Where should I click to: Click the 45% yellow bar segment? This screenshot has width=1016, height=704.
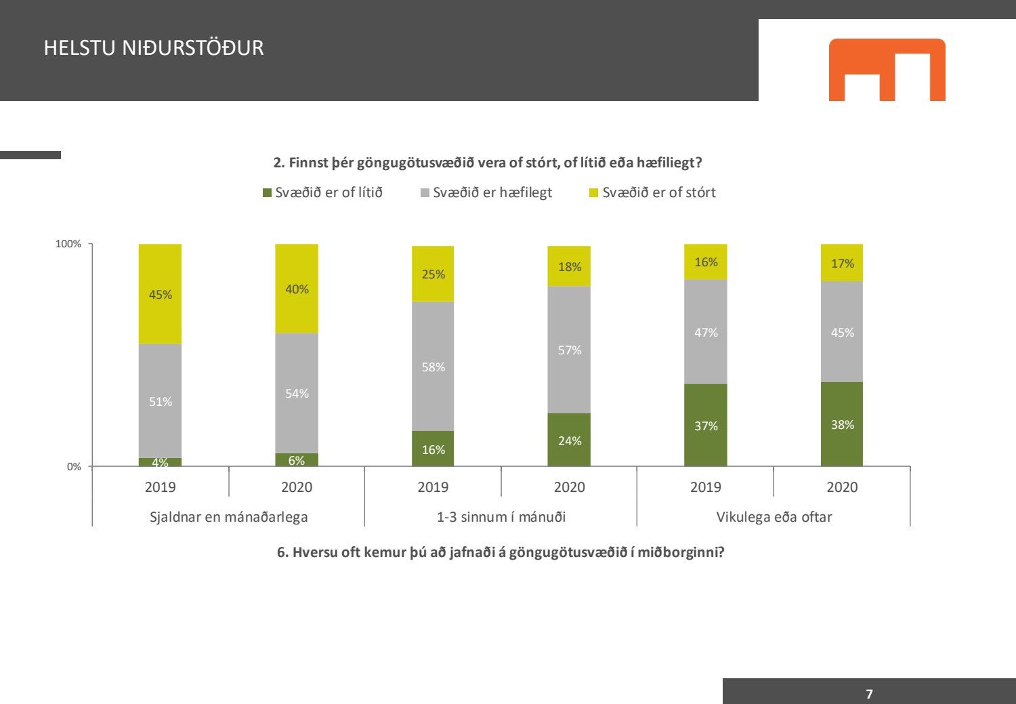(160, 294)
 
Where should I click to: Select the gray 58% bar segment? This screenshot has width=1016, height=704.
(433, 367)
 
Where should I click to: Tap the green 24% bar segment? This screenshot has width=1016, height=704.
(569, 440)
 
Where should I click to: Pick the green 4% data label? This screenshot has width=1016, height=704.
(160, 463)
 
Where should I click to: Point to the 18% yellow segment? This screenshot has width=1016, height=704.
(569, 266)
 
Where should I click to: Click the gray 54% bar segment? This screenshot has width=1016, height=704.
(297, 393)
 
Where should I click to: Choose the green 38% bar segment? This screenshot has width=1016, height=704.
(842, 424)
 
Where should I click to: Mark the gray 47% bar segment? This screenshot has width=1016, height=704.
(705, 332)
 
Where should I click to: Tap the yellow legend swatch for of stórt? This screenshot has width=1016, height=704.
(594, 193)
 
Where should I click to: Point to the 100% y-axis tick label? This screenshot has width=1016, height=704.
(68, 244)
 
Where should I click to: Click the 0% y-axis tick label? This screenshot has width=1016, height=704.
(74, 467)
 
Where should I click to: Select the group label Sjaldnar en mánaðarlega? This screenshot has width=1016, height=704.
(228, 517)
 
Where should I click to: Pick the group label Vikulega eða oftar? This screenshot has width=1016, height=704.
(774, 517)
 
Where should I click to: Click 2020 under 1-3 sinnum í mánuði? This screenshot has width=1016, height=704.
(569, 487)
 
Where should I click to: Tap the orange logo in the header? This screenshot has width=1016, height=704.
(887, 70)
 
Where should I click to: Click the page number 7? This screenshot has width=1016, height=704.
(869, 694)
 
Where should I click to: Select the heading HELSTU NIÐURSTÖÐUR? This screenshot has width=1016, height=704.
(154, 48)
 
